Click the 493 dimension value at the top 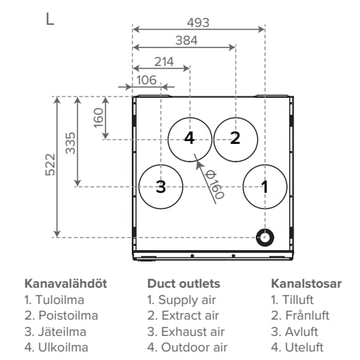point(198,23)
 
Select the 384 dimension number point(186,40)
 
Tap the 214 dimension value point(164,62)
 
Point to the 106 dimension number point(147,80)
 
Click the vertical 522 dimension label point(50,164)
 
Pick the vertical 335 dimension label point(70,143)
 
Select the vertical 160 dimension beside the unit point(99,118)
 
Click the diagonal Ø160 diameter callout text point(215,185)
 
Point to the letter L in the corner point(50,19)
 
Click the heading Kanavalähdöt point(66,283)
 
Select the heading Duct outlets point(184,283)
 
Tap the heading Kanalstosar point(306,283)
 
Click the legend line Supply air point(181,300)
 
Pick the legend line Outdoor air point(187,347)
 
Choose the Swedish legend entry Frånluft point(300,315)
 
